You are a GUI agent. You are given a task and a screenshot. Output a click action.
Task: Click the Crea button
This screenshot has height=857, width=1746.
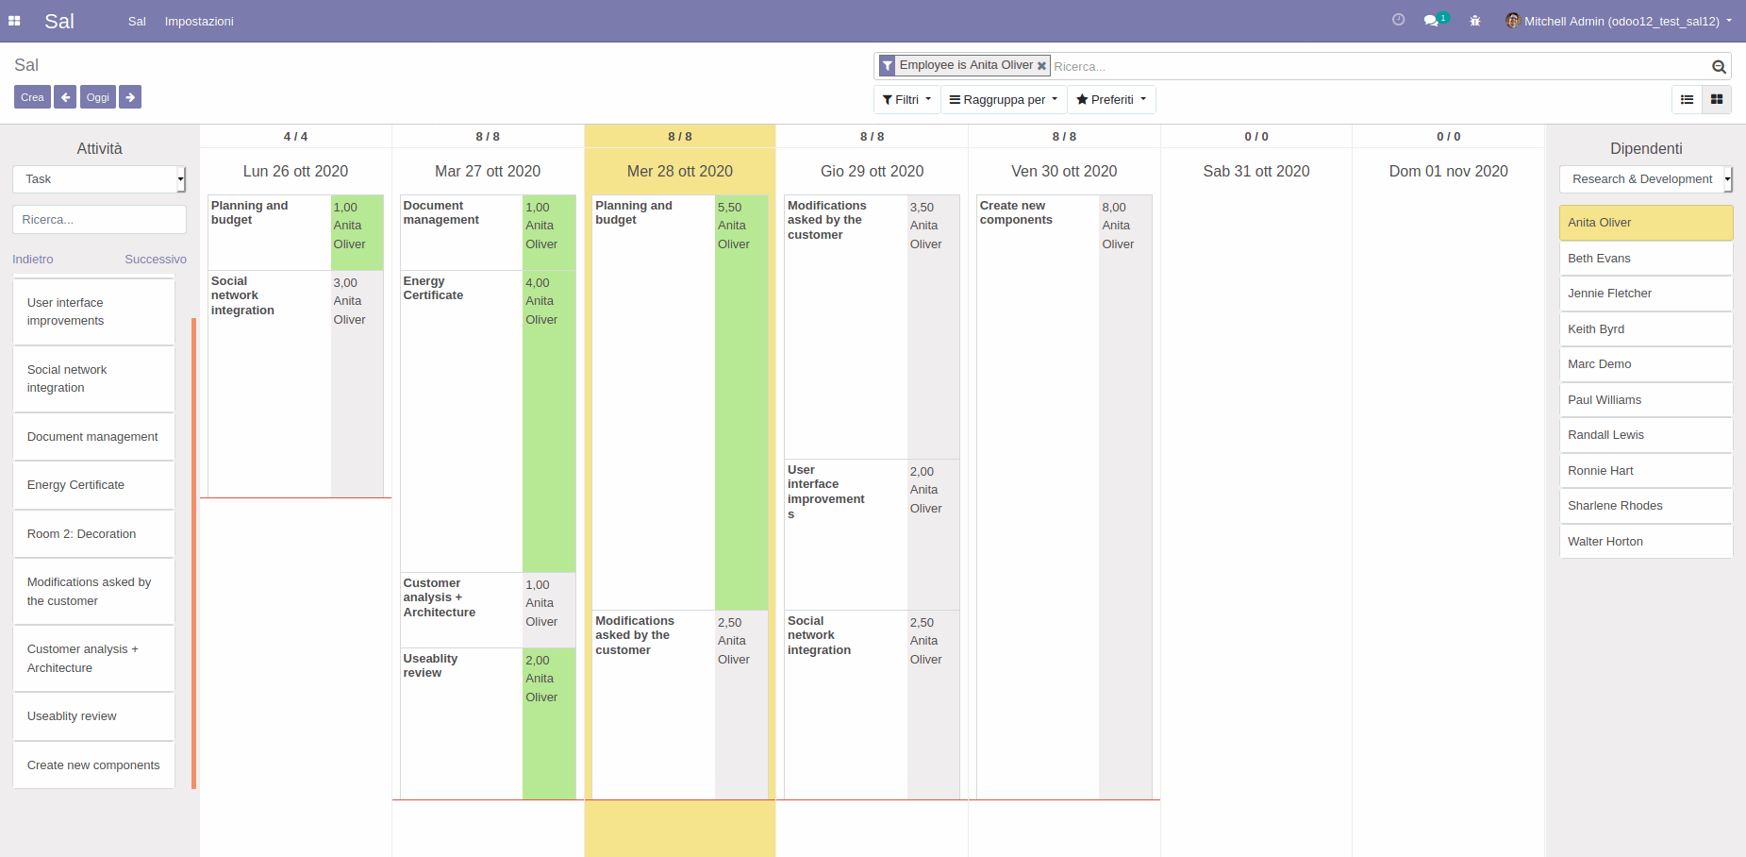click(x=32, y=97)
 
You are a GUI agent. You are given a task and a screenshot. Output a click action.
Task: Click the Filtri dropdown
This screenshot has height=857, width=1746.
click(x=906, y=100)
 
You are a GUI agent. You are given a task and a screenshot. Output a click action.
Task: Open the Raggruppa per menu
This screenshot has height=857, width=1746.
click(x=1004, y=100)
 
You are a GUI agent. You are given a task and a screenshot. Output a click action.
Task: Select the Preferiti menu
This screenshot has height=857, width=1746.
click(x=1111, y=100)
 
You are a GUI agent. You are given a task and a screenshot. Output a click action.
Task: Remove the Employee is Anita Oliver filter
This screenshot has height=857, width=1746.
click(x=1041, y=66)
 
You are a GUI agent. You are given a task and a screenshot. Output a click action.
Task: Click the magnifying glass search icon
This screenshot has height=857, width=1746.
click(x=1719, y=67)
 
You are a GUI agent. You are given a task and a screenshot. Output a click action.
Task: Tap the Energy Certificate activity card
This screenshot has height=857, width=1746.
click(x=93, y=485)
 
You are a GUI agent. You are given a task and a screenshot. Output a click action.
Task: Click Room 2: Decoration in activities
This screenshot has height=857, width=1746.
click(x=93, y=534)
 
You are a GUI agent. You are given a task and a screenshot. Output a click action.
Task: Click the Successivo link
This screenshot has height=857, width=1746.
click(x=156, y=260)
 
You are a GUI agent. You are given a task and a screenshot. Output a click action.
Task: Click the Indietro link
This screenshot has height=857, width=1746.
click(x=33, y=260)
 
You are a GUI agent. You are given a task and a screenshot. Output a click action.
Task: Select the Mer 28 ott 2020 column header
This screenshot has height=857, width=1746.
click(x=679, y=172)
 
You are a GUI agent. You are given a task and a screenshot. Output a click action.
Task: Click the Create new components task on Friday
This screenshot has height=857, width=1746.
click(x=1016, y=213)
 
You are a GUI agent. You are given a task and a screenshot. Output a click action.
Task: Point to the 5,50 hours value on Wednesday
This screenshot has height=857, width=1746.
click(x=729, y=208)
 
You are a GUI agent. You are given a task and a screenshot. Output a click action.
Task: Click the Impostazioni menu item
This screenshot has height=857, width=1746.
click(x=199, y=22)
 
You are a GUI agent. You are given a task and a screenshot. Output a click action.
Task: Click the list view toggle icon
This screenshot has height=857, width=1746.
click(x=1687, y=100)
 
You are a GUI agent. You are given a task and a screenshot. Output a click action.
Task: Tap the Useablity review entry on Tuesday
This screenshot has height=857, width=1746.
click(x=430, y=665)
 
